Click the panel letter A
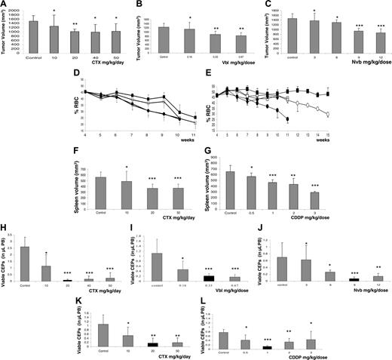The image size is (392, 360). coord(5,5)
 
